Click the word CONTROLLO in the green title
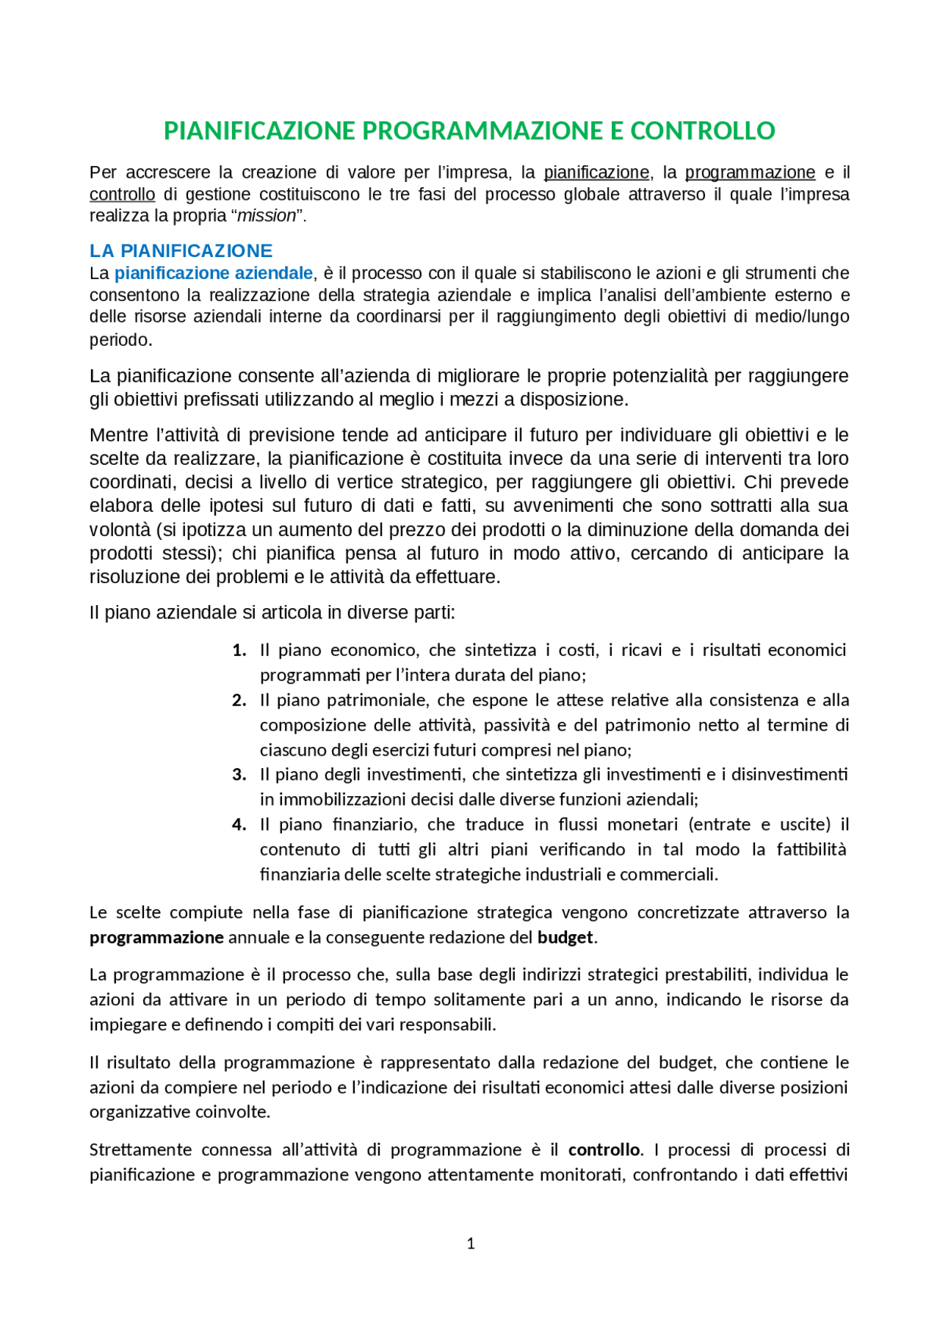pyautogui.click(x=702, y=131)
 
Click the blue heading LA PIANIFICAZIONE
pyautogui.click(x=181, y=250)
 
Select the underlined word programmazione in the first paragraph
pyautogui.click(x=750, y=173)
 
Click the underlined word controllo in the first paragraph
pyautogui.click(x=122, y=195)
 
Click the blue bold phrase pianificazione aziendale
pyautogui.click(x=214, y=273)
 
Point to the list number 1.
pyautogui.click(x=239, y=650)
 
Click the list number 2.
pyautogui.click(x=239, y=700)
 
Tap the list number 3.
pyautogui.click(x=239, y=774)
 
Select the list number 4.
pyautogui.click(x=239, y=824)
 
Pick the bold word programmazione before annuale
pyautogui.click(x=156, y=937)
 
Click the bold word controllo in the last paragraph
pyautogui.click(x=604, y=1149)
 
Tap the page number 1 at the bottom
pyautogui.click(x=471, y=1243)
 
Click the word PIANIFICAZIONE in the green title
pyautogui.click(x=259, y=131)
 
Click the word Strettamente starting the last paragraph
pyautogui.click(x=141, y=1149)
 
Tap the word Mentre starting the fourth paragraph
pyautogui.click(x=117, y=435)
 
